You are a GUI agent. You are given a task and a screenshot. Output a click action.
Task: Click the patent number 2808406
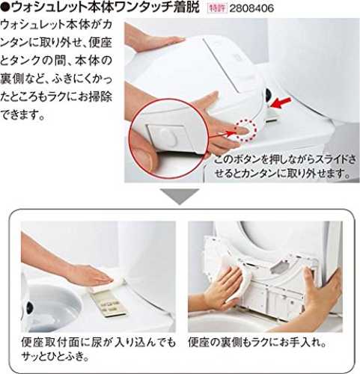tap(251, 8)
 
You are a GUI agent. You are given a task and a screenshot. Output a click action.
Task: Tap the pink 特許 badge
tap(217, 8)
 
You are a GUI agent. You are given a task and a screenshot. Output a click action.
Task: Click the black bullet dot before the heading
tap(4, 8)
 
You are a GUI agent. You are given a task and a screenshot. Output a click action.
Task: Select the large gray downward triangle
tap(180, 197)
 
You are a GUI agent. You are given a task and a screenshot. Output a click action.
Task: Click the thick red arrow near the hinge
tap(281, 102)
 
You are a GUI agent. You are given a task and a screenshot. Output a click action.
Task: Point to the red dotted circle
tap(245, 131)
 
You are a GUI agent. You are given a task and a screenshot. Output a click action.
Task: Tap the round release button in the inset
tap(169, 137)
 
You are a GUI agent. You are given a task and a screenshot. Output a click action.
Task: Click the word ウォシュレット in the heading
tap(49, 8)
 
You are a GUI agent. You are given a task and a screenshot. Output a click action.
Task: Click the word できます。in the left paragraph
tap(23, 114)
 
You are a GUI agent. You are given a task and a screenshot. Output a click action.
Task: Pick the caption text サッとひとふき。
tap(55, 356)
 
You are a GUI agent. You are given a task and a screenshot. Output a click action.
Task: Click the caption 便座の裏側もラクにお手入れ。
tap(257, 343)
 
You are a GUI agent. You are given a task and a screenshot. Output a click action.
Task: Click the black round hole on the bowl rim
tap(30, 306)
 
